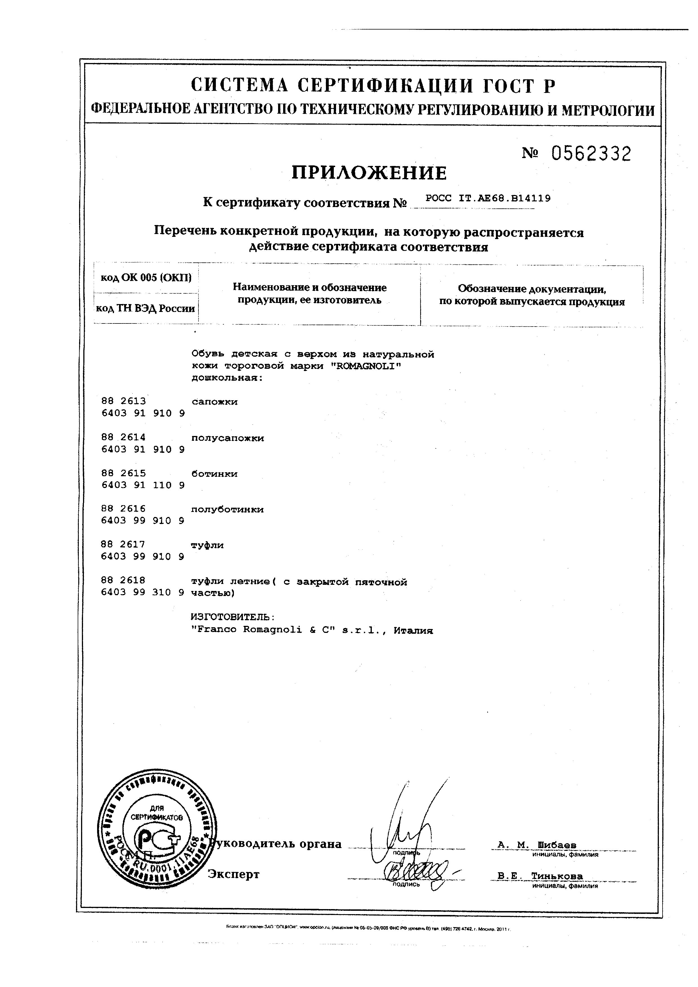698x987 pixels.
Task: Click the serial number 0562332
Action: (591, 154)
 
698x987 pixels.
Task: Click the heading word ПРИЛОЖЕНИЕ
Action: (370, 173)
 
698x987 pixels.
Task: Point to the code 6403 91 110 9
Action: (143, 485)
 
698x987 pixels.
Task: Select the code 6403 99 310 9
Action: (143, 592)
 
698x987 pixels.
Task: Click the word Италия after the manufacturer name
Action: (413, 631)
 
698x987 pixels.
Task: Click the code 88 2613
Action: (124, 401)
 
